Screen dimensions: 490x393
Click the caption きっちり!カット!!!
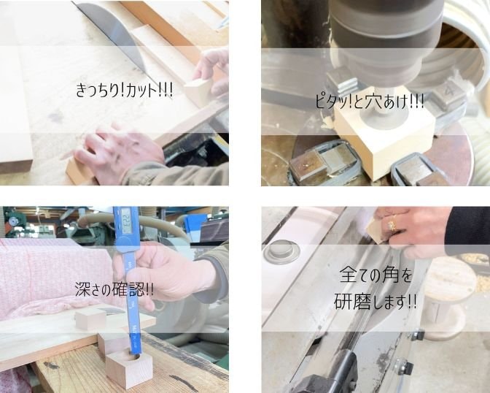pyautogui.click(x=124, y=91)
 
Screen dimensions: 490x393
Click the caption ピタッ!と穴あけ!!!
pyautogui.click(x=370, y=101)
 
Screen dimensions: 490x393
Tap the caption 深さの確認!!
pyautogui.click(x=114, y=289)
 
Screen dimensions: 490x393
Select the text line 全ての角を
pyautogui.click(x=376, y=275)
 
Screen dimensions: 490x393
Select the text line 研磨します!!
pyautogui.click(x=376, y=302)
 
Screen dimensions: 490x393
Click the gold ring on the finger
pyautogui.click(x=392, y=224)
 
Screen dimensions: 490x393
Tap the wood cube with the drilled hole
pyautogui.click(x=129, y=369)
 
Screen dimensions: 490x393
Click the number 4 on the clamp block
pyautogui.click(x=449, y=92)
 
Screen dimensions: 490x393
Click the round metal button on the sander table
pyautogui.click(x=281, y=251)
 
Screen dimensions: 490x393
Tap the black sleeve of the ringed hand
pyautogui.click(x=468, y=226)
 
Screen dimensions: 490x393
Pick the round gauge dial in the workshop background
pyautogui.click(x=13, y=221)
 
